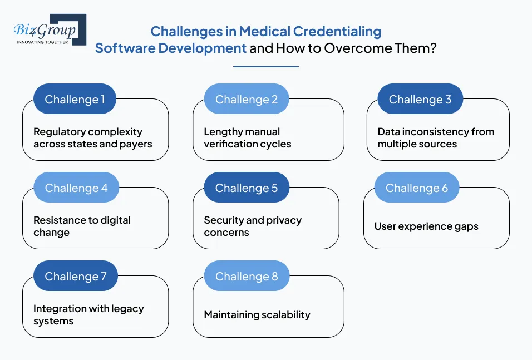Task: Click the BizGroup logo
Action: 49,29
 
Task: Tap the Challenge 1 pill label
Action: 75,100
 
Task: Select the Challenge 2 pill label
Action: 246,100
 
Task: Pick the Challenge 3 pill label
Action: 420,100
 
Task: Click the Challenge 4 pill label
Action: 76,188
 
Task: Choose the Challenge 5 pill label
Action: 246,188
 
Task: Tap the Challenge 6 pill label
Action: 416,188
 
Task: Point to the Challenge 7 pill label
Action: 75,277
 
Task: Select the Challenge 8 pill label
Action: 246,277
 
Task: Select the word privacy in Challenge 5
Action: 283,220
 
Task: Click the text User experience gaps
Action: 426,226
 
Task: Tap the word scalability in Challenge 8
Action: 283,315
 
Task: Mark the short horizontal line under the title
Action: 265,67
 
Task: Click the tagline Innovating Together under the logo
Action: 42,42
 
